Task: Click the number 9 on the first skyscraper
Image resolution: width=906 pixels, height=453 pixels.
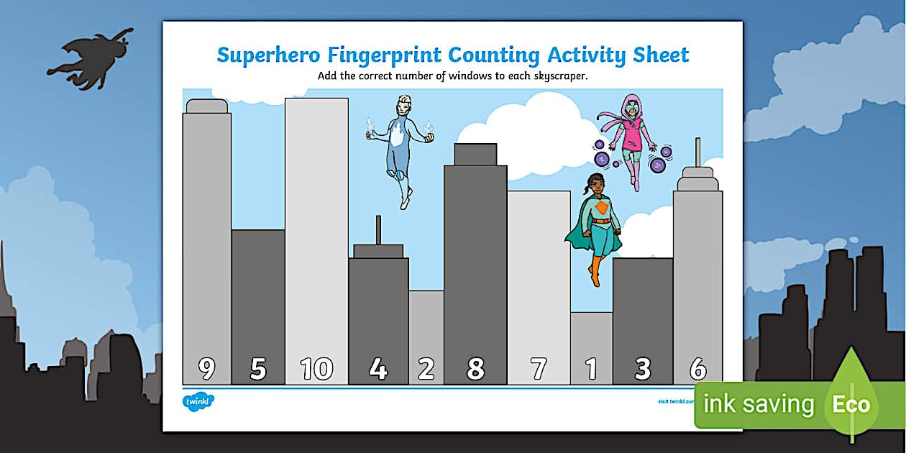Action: pos(206,369)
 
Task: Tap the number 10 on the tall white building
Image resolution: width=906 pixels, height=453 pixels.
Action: pos(316,369)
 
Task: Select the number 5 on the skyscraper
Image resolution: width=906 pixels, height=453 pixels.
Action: pos(257,369)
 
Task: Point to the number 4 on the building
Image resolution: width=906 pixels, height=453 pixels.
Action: pos(378,369)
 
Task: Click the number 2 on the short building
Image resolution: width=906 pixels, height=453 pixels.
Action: pos(426,369)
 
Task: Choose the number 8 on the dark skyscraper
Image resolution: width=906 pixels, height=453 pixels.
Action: pos(475,369)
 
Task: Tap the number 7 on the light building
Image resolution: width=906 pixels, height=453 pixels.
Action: pos(539,369)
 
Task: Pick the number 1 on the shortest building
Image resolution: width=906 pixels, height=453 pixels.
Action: pos(591,369)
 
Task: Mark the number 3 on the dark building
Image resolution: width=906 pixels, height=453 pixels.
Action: pos(643,369)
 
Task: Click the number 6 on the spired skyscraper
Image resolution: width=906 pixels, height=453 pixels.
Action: pos(697,369)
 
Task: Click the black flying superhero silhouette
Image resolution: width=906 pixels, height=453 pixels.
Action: pos(92,59)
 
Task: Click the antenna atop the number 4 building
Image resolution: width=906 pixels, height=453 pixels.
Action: pos(377,230)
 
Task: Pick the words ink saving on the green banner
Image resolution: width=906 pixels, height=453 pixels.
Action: pos(758,404)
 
